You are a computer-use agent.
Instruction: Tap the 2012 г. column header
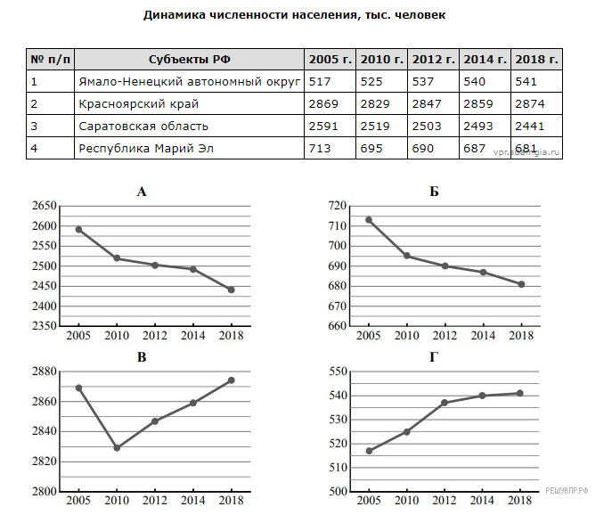click(433, 60)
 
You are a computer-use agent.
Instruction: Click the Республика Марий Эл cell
click(146, 148)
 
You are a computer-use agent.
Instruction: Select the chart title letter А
click(142, 191)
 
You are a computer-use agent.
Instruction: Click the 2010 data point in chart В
click(117, 447)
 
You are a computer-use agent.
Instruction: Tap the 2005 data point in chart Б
click(368, 219)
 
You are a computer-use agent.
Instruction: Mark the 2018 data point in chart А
click(232, 290)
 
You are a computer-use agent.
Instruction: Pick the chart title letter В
click(142, 357)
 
